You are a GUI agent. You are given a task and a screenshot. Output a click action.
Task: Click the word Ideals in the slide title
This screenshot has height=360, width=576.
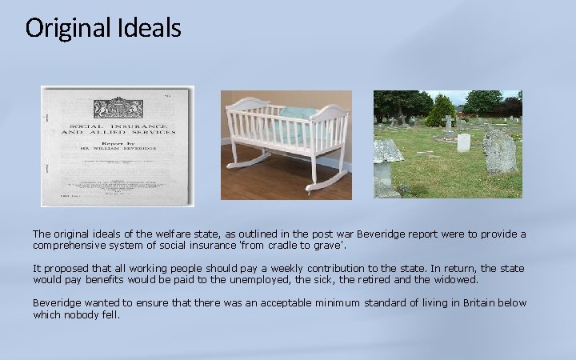pos(151,28)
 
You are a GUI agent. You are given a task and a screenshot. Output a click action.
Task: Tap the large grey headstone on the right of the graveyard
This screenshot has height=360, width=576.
pos(501,152)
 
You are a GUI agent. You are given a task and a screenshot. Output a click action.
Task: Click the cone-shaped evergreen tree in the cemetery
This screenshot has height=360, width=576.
pos(439,111)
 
